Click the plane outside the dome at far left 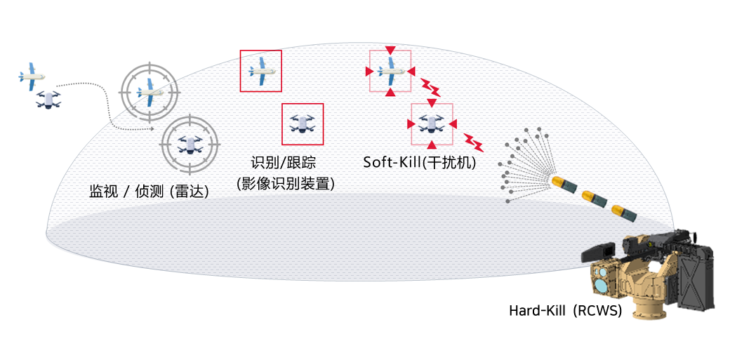(x=31, y=76)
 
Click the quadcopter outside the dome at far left (x=48, y=100)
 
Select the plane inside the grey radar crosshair (x=150, y=90)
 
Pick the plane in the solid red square (x=260, y=71)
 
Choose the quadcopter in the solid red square (x=303, y=124)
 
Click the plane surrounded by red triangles (x=390, y=71)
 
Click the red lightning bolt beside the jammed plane (x=430, y=88)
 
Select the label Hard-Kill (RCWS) (x=565, y=310)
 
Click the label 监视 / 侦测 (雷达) (x=149, y=191)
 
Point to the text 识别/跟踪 (x=283, y=163)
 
